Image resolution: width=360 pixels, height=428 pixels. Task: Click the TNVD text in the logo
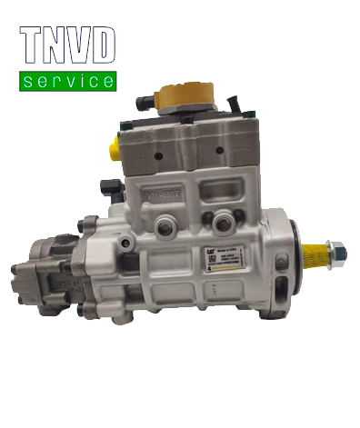click(x=68, y=45)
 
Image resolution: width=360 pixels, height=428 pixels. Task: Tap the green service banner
click(x=68, y=82)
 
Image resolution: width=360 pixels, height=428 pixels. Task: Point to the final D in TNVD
click(x=105, y=45)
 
